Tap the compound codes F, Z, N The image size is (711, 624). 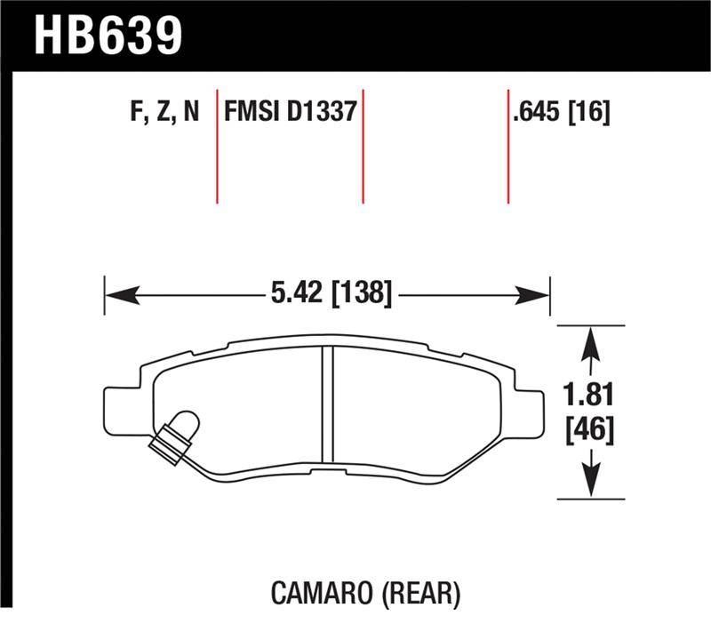coord(164,112)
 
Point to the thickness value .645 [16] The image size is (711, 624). coord(561,112)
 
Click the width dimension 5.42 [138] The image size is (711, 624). coord(331,293)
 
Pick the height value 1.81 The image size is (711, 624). coord(589,395)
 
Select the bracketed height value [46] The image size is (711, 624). coord(590,429)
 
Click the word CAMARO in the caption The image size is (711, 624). coord(322,593)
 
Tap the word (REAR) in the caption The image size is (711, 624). coord(421,594)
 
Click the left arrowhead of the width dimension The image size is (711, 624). coord(122,295)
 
